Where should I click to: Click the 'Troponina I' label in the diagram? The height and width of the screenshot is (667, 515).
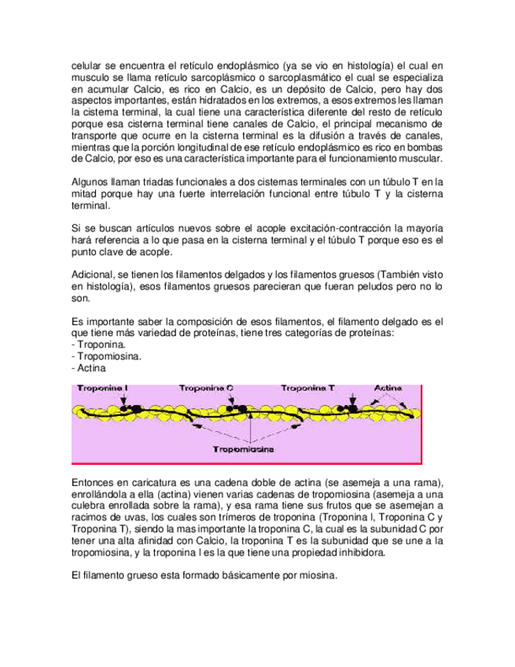104,388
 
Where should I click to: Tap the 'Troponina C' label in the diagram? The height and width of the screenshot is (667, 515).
206,388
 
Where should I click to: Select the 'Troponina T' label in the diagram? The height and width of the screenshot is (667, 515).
307,388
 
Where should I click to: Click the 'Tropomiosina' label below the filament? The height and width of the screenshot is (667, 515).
245,449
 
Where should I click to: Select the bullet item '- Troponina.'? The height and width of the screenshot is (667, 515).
97,345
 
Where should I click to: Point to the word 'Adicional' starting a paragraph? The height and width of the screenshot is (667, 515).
94,274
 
